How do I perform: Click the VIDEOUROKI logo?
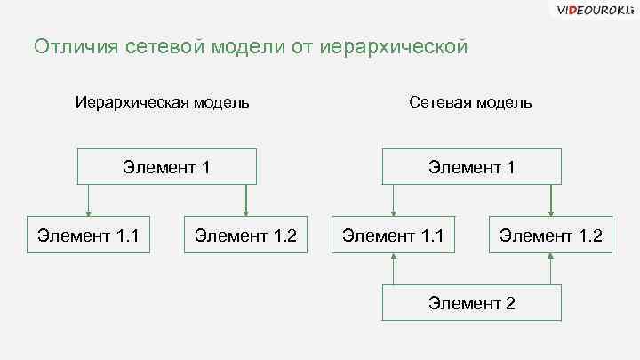pyautogui.click(x=593, y=11)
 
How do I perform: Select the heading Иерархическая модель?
pyautogui.click(x=162, y=102)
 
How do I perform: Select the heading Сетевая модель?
pyautogui.click(x=470, y=102)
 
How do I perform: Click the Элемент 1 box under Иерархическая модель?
pyautogui.click(x=166, y=166)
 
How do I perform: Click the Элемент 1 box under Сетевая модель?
pyautogui.click(x=471, y=166)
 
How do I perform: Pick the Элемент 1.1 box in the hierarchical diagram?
pyautogui.click(x=89, y=236)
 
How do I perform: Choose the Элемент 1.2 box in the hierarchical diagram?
pyautogui.click(x=245, y=236)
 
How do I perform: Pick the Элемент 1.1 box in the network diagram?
pyautogui.click(x=393, y=236)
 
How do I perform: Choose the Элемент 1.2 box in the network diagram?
pyautogui.click(x=550, y=236)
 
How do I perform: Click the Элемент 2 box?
pyautogui.click(x=471, y=303)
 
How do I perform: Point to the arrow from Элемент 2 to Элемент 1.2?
pyautogui.click(x=550, y=269)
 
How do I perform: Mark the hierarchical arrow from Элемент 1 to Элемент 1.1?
pyautogui.click(x=89, y=200)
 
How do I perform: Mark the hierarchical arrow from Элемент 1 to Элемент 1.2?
pyautogui.click(x=245, y=200)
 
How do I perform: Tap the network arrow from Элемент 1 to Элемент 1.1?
pyautogui.click(x=393, y=200)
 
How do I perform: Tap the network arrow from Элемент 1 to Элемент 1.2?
pyautogui.click(x=550, y=200)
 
